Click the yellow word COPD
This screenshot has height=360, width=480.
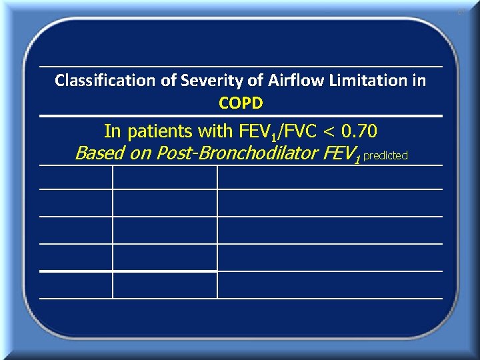pyautogui.click(x=241, y=103)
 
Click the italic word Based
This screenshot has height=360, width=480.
pyautogui.click(x=95, y=153)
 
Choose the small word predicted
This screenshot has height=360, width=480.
pyautogui.click(x=385, y=155)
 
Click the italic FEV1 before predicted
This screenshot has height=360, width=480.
pyautogui.click(x=342, y=154)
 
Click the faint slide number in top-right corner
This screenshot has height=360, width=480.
pyautogui.click(x=461, y=11)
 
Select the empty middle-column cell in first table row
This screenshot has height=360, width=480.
pyautogui.click(x=165, y=177)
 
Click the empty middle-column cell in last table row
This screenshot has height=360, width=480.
pyautogui.click(x=165, y=285)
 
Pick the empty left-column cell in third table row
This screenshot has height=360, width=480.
pyautogui.click(x=75, y=230)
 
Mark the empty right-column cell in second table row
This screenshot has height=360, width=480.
pyautogui.click(x=330, y=203)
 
